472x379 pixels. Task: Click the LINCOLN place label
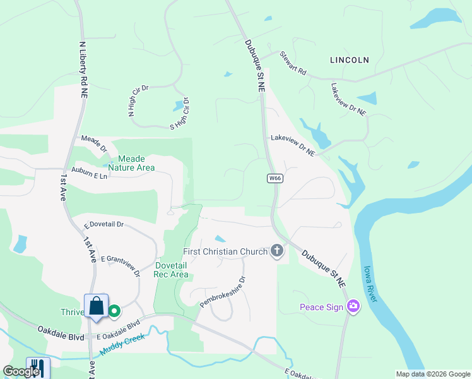click(x=349, y=60)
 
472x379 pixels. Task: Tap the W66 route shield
click(x=274, y=179)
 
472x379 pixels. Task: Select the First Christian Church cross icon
click(x=276, y=251)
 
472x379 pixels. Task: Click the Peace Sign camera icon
click(x=353, y=307)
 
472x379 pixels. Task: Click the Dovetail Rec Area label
click(x=172, y=270)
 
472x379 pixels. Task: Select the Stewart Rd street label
click(x=293, y=64)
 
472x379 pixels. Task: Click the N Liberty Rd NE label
click(x=83, y=69)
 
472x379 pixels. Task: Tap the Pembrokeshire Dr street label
click(x=222, y=291)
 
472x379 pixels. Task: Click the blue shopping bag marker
click(x=97, y=306)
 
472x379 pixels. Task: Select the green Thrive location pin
click(x=114, y=311)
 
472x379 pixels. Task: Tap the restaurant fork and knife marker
click(x=38, y=368)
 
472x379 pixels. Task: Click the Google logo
click(x=21, y=371)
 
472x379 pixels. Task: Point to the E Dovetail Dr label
click(x=104, y=224)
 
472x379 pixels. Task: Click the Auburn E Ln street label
click(x=89, y=174)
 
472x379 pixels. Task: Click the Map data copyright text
click(x=433, y=374)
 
